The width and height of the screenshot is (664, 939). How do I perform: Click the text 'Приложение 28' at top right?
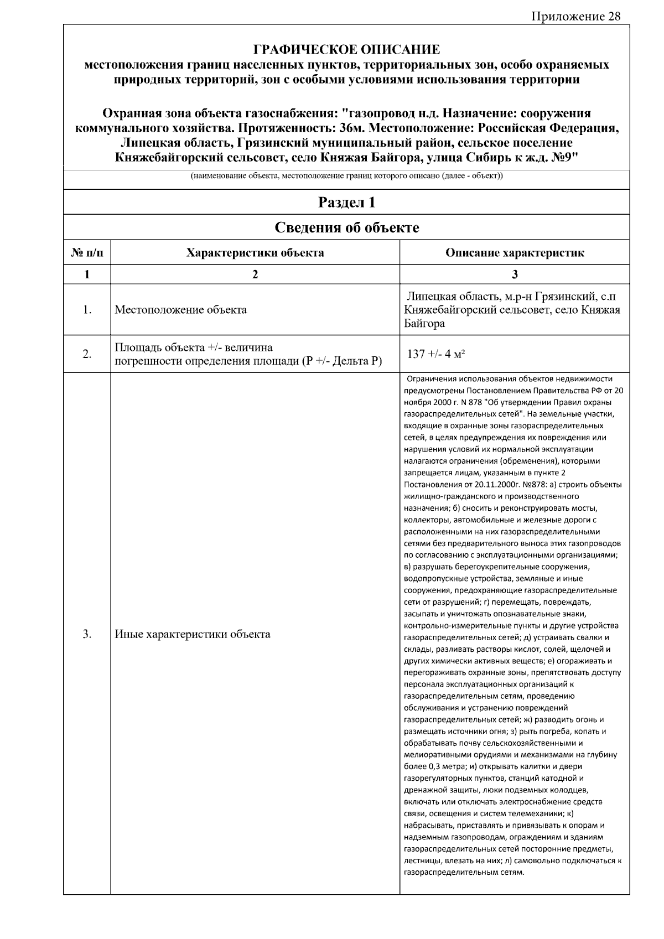575,16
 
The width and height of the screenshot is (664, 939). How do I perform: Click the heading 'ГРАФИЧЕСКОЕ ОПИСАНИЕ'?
346,50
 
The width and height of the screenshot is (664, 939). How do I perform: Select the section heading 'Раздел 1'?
346,203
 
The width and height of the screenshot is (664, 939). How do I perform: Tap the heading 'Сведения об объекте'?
346,227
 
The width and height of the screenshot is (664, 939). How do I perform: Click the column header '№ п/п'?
87,253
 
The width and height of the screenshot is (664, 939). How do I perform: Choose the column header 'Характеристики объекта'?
255,253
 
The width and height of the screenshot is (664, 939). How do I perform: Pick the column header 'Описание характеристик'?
515,253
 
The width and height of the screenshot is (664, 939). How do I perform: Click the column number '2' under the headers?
255,274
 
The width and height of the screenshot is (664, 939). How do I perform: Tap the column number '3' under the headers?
515,274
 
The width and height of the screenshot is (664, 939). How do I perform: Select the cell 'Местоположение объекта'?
181,310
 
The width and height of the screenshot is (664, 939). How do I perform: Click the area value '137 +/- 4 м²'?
436,354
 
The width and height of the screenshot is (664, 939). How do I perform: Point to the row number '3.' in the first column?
87,634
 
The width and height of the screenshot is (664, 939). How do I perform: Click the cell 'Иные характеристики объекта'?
193,634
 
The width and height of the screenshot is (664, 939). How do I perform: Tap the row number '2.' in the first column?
87,354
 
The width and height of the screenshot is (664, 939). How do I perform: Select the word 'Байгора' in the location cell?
424,324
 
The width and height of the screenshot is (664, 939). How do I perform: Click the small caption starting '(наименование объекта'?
346,177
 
